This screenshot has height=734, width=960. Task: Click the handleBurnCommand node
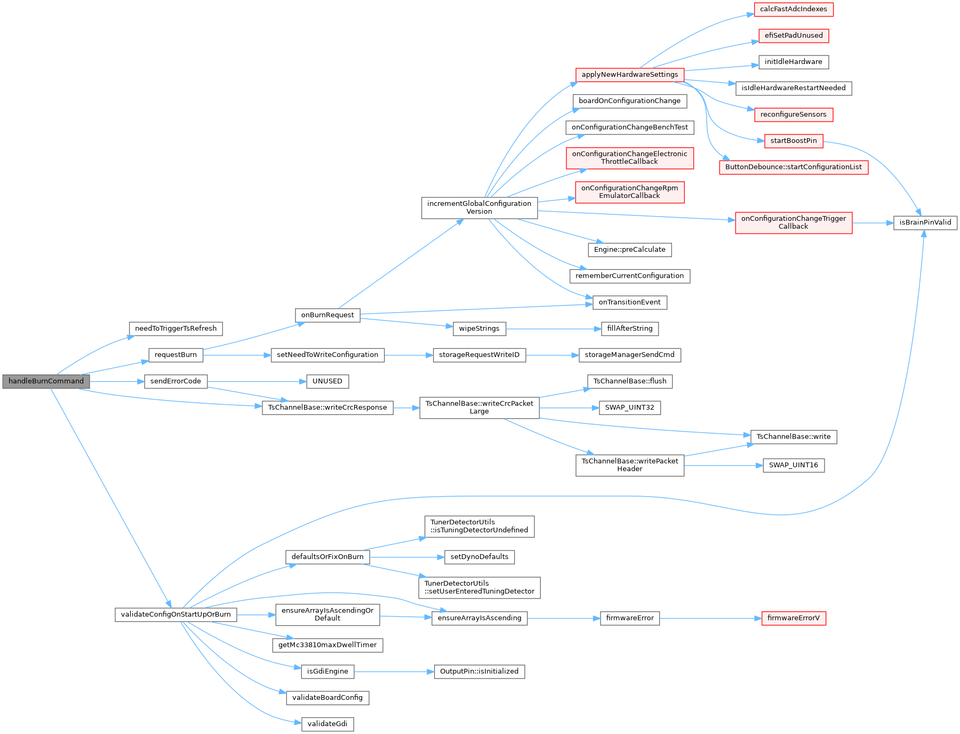[46, 381]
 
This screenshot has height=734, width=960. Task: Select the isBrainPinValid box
[925, 222]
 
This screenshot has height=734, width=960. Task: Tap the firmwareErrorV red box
[793, 618]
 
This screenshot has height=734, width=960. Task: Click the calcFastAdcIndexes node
[793, 9]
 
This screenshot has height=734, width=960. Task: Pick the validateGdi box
[327, 724]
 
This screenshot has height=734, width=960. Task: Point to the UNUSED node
[327, 381]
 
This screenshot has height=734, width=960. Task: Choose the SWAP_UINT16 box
[793, 465]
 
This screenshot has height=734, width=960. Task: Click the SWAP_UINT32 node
[629, 408]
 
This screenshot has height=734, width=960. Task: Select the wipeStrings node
[479, 329]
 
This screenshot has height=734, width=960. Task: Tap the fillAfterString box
[629, 329]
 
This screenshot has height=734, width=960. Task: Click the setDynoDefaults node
[479, 557]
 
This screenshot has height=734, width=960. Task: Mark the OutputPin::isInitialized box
[479, 672]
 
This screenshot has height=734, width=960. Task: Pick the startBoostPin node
[793, 141]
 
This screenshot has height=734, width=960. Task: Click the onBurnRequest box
[327, 315]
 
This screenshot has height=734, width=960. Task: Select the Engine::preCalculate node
[629, 250]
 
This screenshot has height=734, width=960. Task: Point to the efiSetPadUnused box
[793, 36]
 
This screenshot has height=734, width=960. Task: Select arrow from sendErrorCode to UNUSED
[257, 381]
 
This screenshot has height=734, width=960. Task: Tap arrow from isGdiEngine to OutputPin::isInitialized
[394, 672]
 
